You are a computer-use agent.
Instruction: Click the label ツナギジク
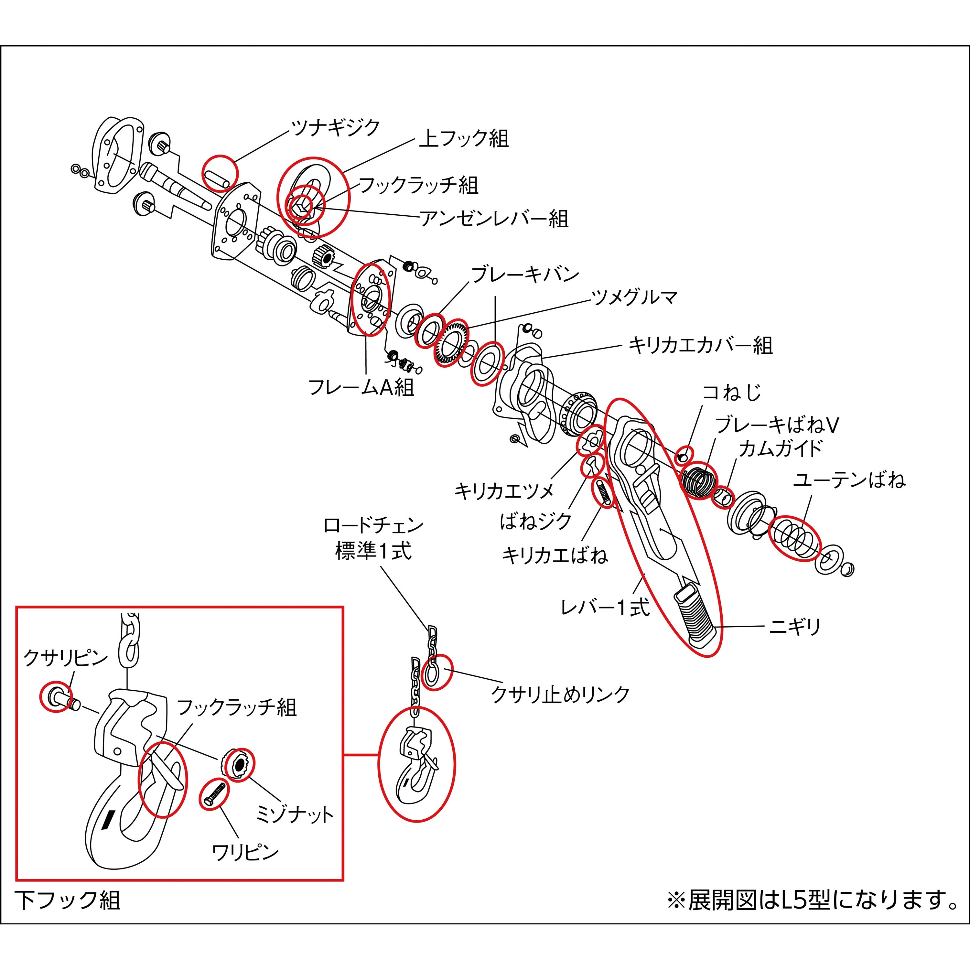[x=335, y=128]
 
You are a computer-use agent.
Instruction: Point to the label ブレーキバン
[x=525, y=275]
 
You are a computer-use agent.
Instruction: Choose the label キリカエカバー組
[x=700, y=345]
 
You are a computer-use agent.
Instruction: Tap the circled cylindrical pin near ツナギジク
[x=220, y=174]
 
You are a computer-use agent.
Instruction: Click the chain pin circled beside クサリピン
[x=57, y=697]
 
